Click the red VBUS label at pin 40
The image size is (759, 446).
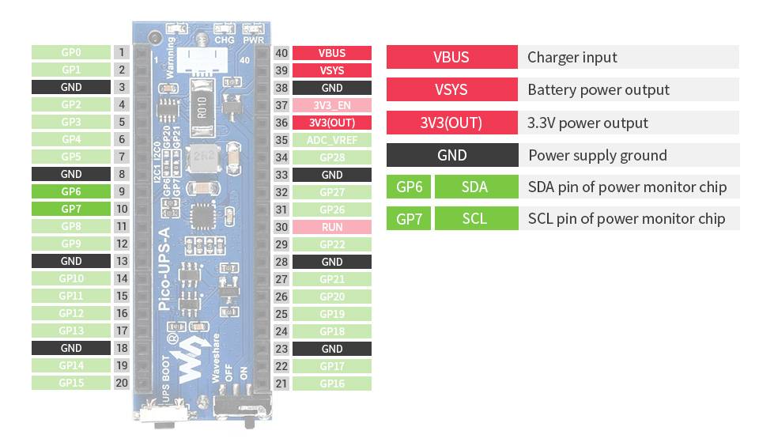[x=331, y=53]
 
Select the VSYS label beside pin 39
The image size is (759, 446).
[x=331, y=70]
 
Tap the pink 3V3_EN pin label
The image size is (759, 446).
[x=331, y=105]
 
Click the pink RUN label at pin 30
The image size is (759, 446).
[x=331, y=227]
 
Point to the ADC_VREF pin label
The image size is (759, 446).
[x=331, y=140]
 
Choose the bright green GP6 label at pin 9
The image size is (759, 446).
[x=70, y=191]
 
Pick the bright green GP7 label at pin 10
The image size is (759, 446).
[x=70, y=209]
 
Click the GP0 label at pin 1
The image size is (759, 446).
[x=70, y=52]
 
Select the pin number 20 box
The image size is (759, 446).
[x=122, y=383]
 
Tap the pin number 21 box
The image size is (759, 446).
[x=281, y=384]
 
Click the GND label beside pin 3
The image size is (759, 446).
[x=70, y=87]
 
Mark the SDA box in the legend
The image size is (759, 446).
[x=474, y=187]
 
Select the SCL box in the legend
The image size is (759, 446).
[x=474, y=219]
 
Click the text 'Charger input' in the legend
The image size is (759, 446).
[x=572, y=57]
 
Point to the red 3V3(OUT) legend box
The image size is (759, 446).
[x=451, y=123]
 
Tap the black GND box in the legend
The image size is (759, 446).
[x=451, y=155]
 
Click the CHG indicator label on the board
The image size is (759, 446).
[x=224, y=39]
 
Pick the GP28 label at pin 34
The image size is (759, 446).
[x=331, y=157]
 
